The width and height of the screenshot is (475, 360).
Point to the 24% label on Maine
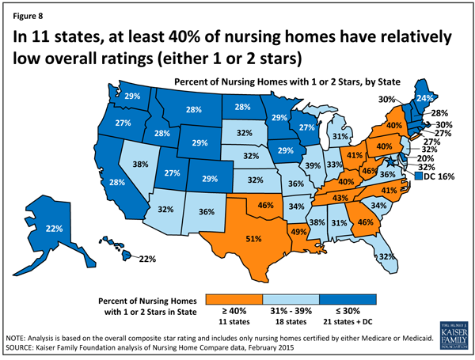[x=424, y=100]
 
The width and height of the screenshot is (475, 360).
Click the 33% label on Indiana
[x=334, y=165]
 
